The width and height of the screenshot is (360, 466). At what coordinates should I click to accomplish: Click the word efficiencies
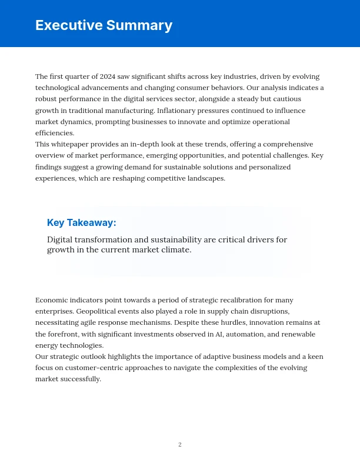54,133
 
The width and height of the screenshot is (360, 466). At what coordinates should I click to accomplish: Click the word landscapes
204,178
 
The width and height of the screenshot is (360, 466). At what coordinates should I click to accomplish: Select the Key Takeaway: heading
82,222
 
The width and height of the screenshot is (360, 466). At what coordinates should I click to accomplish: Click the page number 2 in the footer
180,444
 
